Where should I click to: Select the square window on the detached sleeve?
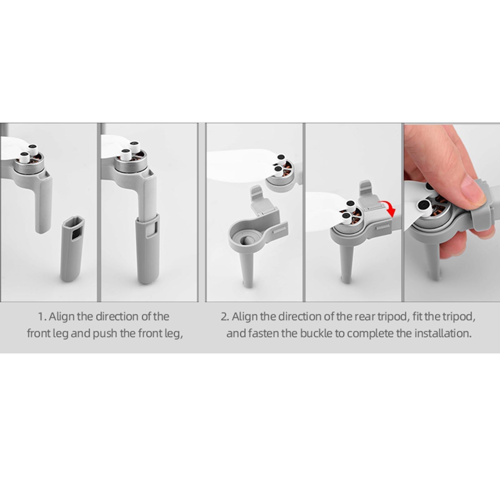75,232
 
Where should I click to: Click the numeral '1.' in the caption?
42,317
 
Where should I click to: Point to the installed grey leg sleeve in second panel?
147,249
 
